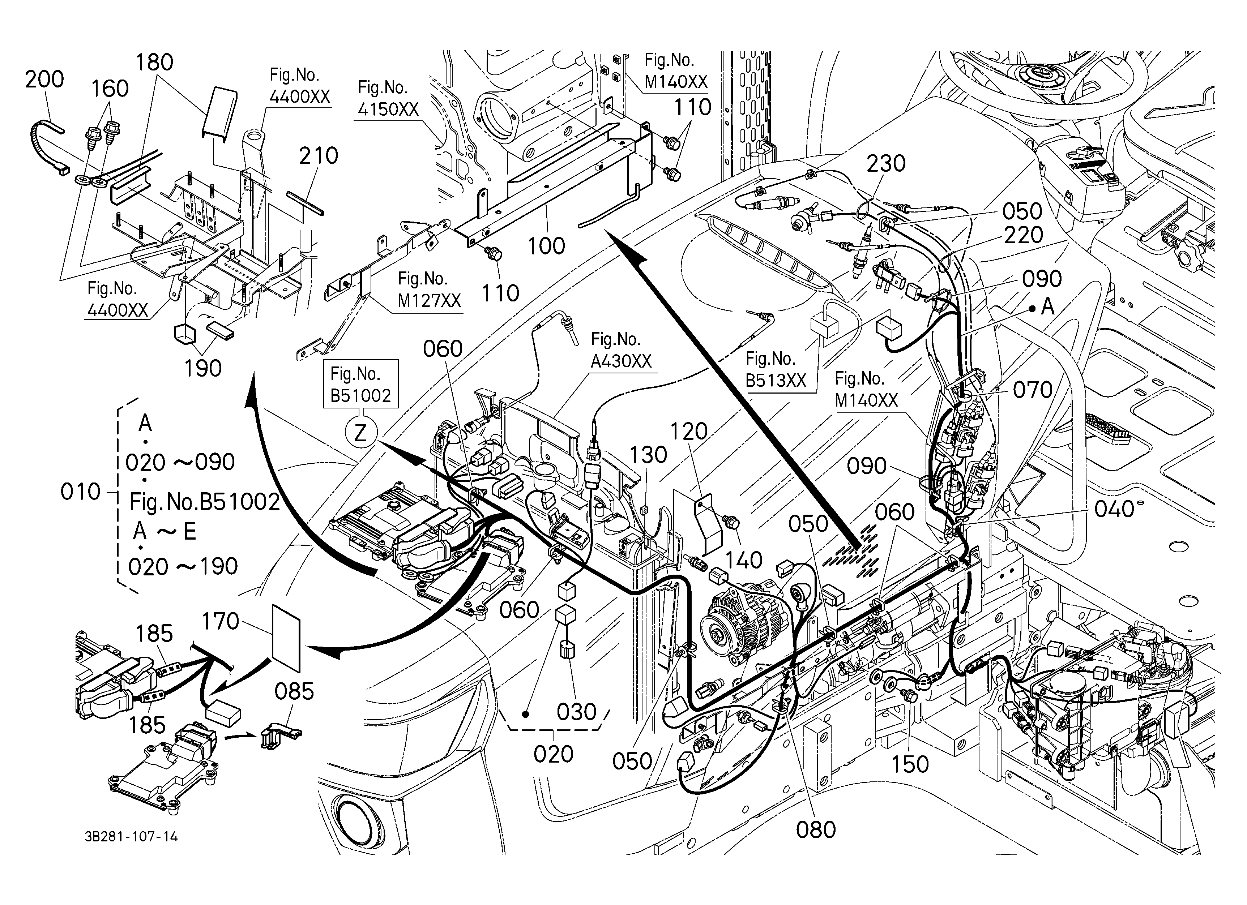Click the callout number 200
pyautogui.click(x=44, y=79)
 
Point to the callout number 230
pyautogui.click(x=886, y=163)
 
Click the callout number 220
pyautogui.click(x=1023, y=235)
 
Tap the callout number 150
pyautogui.click(x=910, y=764)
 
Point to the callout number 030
pyautogui.click(x=576, y=712)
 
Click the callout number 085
pyautogui.click(x=294, y=691)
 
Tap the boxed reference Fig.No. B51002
pyautogui.click(x=361, y=384)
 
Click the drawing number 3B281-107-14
pyautogui.click(x=131, y=837)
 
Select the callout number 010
pyautogui.click(x=80, y=492)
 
